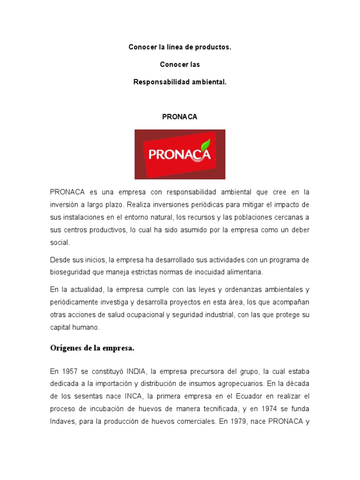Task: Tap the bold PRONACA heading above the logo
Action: (x=180, y=117)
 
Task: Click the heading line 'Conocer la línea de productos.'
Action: (x=180, y=48)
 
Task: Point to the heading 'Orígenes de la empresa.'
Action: (x=92, y=348)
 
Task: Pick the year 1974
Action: (x=268, y=408)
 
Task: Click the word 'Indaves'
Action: (x=63, y=421)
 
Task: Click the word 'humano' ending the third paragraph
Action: (x=87, y=328)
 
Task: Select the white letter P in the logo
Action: (x=153, y=155)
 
